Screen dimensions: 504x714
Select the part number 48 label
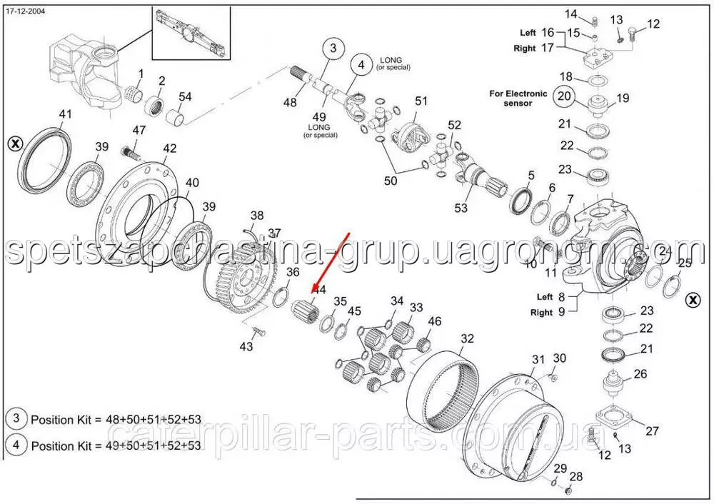click(289, 103)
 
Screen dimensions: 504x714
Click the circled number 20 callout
click(565, 96)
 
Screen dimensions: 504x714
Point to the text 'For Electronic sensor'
click(518, 98)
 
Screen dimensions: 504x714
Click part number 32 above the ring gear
click(467, 338)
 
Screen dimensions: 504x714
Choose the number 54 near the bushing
click(185, 96)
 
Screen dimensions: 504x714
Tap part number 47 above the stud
click(139, 131)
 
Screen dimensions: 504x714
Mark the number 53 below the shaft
click(461, 208)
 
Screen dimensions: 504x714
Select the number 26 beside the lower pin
click(640, 373)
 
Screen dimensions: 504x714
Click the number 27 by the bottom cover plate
click(652, 430)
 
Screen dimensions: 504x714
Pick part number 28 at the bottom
click(576, 476)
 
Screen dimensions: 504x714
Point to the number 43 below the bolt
click(246, 347)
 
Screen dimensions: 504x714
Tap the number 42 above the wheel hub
click(169, 148)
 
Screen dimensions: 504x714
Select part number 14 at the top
click(571, 14)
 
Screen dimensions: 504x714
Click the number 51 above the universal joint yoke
click(421, 101)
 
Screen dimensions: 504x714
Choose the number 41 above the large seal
click(66, 114)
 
